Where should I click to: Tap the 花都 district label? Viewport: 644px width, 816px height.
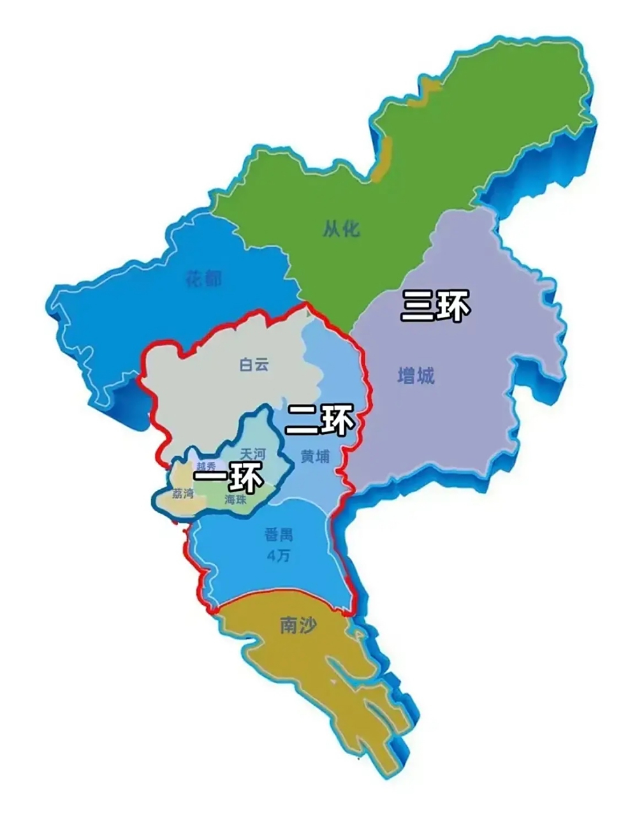203,278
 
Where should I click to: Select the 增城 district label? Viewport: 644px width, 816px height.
416,376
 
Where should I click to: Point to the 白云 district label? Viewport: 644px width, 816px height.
254,365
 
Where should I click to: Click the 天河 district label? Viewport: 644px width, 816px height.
252,454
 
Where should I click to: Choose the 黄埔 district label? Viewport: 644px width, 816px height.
315,456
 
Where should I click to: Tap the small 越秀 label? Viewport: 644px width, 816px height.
205,466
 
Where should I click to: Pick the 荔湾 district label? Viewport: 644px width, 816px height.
183,493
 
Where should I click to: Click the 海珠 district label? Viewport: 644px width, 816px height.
235,500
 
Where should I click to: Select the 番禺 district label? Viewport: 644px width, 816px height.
279,535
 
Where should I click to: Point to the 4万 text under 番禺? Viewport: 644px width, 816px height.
279,555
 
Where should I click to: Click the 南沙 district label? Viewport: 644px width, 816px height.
298,626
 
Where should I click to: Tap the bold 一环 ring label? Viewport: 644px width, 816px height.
228,479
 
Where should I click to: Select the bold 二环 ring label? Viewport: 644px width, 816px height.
319,419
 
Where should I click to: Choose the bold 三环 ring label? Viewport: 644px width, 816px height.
435,306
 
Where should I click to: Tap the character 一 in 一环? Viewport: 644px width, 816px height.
210,479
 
